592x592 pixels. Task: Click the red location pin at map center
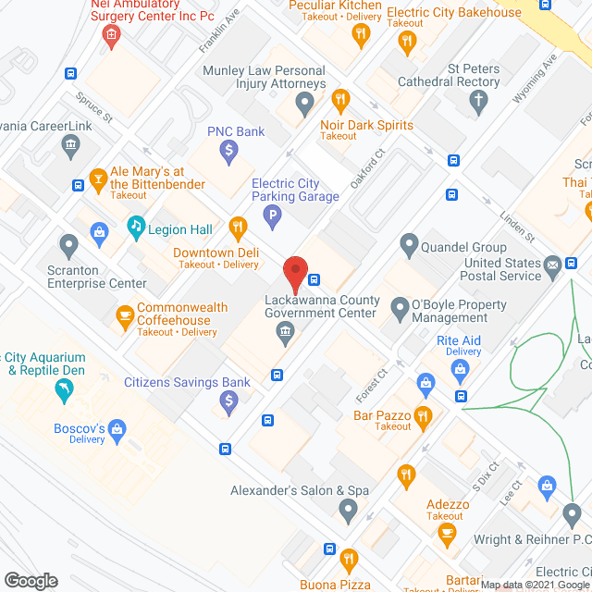(294, 273)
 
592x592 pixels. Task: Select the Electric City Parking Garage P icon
(272, 218)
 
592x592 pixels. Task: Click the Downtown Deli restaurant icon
(237, 227)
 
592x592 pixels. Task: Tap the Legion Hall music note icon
(136, 226)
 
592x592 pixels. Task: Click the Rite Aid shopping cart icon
(460, 370)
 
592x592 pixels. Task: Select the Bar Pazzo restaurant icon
(424, 416)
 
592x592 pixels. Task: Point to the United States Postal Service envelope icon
(552, 267)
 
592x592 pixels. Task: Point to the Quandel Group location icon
(410, 245)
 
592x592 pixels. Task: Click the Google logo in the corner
(30, 580)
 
